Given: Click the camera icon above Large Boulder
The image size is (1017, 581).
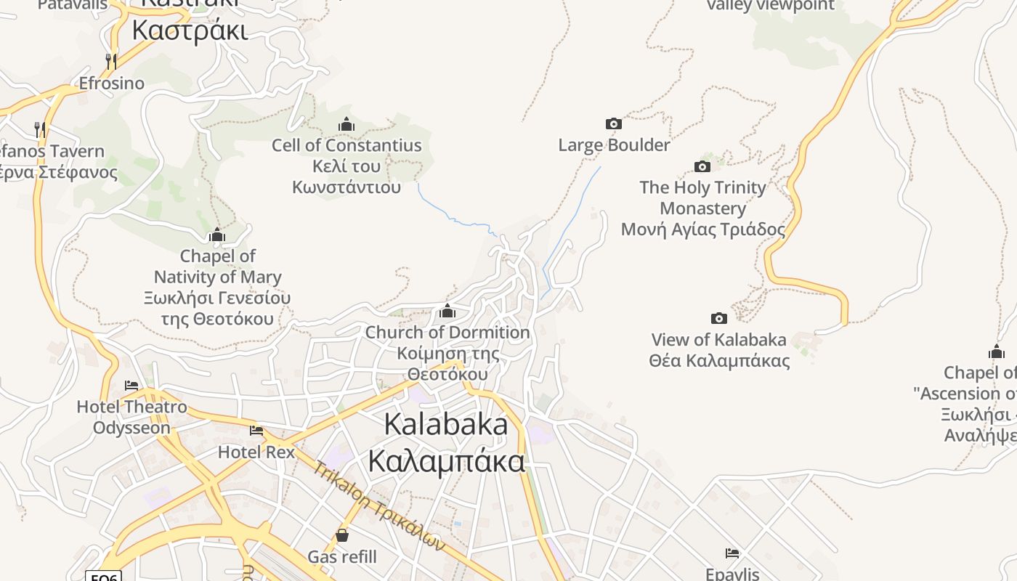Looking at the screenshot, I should point(614,124).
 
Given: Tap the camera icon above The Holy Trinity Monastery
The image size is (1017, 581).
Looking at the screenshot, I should point(702,166).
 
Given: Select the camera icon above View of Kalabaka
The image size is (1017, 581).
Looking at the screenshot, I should point(719,318).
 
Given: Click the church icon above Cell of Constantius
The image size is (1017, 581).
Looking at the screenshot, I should point(347,124).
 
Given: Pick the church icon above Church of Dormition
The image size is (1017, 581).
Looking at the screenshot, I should point(447,312).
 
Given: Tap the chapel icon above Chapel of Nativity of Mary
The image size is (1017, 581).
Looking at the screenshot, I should point(217,235).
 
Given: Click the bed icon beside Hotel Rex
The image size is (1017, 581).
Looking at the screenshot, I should point(256,431).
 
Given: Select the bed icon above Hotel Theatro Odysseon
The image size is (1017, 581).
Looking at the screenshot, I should point(131,385).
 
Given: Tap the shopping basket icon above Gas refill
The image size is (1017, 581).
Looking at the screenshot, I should point(342,536).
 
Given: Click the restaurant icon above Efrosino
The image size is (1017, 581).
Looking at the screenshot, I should point(111,61).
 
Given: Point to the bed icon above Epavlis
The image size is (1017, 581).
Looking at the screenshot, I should point(732,553).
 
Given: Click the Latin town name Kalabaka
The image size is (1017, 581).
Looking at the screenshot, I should point(446,424).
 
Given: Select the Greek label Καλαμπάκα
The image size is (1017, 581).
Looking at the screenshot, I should point(446,460).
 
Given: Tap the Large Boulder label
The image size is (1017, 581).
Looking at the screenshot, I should point(614,145).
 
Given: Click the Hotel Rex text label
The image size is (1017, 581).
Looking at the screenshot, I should point(256,452).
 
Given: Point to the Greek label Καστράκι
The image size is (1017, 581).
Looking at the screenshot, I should point(190,31).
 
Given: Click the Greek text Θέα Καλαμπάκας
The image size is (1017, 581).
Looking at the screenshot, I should point(719,361).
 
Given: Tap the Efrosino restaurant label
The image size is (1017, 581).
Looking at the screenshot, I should point(111,83).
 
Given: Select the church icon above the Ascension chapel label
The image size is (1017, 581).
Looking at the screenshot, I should point(997,352).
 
